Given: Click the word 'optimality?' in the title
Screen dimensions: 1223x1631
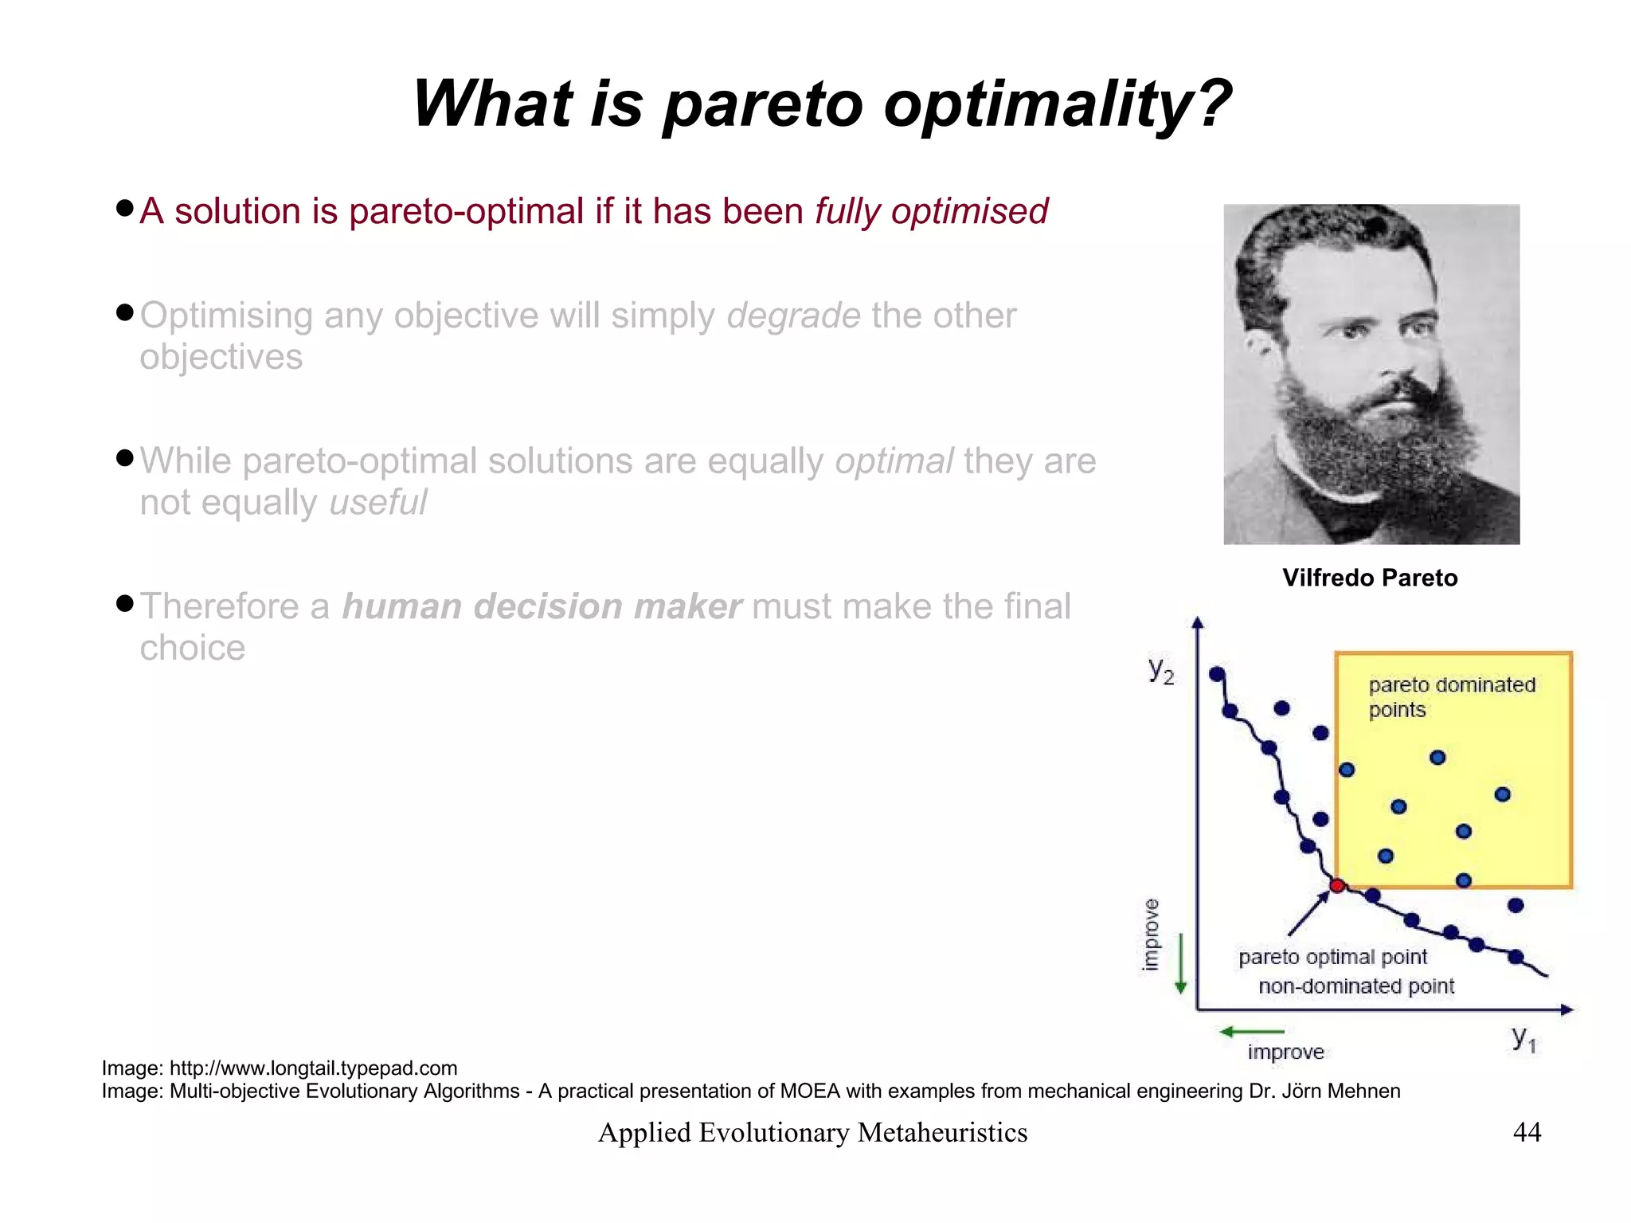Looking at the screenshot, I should click(1057, 104).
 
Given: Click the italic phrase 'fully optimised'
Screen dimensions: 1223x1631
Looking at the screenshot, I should click(930, 212).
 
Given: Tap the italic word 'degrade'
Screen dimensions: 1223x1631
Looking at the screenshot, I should click(793, 316).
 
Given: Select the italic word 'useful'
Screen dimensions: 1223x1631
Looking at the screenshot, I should click(377, 503).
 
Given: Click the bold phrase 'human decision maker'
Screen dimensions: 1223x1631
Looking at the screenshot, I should click(542, 607).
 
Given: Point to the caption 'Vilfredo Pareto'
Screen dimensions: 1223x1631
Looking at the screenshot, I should click(1369, 578).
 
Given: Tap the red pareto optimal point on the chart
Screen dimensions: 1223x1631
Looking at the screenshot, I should click(1337, 886).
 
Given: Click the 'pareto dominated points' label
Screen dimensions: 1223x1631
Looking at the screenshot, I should click(1450, 696).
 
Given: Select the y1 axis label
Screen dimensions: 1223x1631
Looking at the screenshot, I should click(1523, 1037).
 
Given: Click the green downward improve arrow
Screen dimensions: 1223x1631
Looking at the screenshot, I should click(1181, 964).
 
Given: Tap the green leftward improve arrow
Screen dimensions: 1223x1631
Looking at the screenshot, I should click(1250, 1032).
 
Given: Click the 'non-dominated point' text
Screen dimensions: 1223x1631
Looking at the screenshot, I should click(1355, 986).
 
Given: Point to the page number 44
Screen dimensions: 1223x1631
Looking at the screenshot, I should click(1526, 1132).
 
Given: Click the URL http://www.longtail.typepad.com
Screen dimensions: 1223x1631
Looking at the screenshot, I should click(313, 1068).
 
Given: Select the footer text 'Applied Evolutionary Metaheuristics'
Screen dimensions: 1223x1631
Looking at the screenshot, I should click(812, 1132).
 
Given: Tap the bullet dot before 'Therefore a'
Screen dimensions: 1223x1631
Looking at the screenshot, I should click(124, 603).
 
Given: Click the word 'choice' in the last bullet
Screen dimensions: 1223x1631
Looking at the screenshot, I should click(192, 649).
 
